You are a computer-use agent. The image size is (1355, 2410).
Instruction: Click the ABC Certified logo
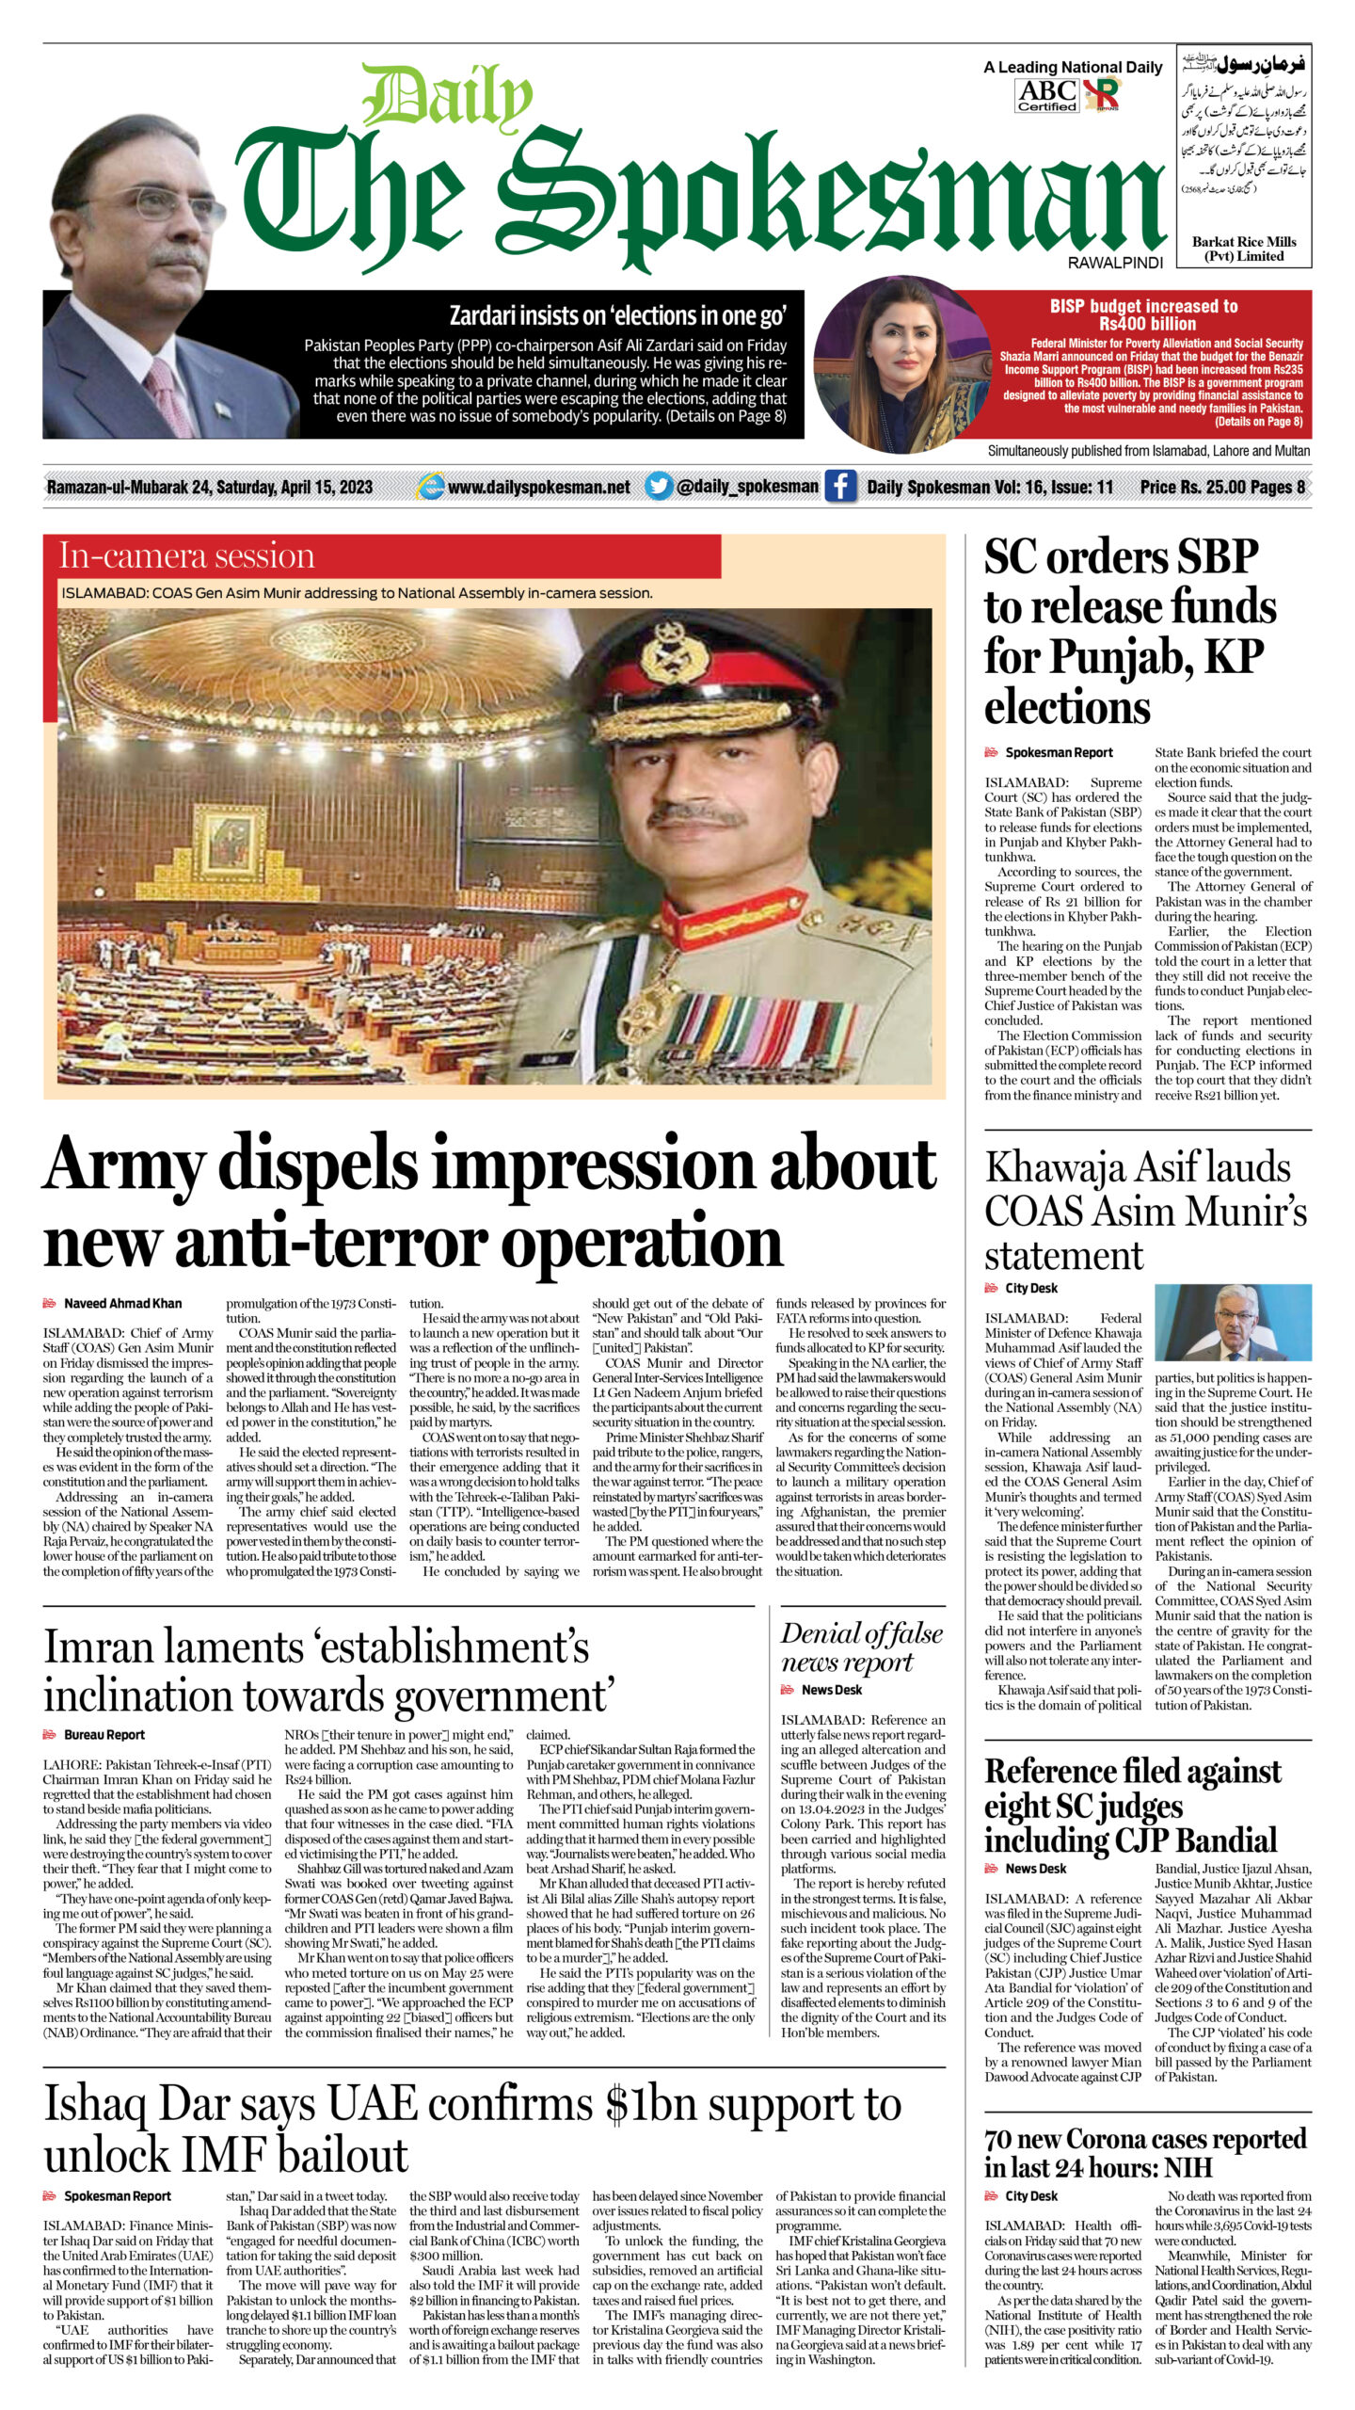coord(1046,95)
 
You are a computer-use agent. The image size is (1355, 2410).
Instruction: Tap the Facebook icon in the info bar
coord(840,487)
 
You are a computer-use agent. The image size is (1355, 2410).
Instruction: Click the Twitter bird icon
coord(660,487)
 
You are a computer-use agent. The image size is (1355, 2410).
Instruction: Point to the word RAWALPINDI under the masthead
coord(1115,263)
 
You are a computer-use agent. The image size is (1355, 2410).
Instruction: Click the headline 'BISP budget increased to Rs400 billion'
coord(1143,314)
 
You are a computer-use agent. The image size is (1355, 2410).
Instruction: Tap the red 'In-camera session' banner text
coord(186,556)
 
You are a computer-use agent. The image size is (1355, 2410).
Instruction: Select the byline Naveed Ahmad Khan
coord(122,1303)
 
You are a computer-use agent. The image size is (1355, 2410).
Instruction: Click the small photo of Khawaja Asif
coord(1233,1322)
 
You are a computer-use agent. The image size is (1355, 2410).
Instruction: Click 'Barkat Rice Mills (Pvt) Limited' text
coord(1243,249)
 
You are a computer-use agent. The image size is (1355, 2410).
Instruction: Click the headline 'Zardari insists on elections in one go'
coord(617,315)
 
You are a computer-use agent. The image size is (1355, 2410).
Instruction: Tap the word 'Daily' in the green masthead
coord(448,97)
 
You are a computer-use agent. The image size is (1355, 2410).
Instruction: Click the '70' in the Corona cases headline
coord(1003,2140)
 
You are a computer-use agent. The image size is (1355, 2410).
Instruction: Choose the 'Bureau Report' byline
coord(104,1734)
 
